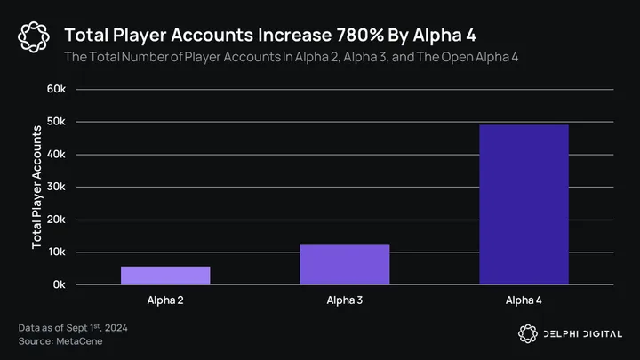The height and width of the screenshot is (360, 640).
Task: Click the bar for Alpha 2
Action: (x=165, y=276)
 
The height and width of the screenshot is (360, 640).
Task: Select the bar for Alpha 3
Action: (x=344, y=265)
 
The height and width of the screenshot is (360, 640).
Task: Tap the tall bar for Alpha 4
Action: (x=524, y=204)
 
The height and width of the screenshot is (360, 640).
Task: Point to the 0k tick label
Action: (x=58, y=285)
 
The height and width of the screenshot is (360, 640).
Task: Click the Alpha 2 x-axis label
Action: (x=165, y=300)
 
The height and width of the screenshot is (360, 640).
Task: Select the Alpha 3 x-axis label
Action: (x=344, y=300)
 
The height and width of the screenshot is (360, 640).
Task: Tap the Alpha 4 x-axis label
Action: (x=524, y=300)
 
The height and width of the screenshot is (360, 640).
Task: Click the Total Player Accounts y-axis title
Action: (x=36, y=187)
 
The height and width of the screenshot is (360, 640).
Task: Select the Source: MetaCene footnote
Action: (x=59, y=341)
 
